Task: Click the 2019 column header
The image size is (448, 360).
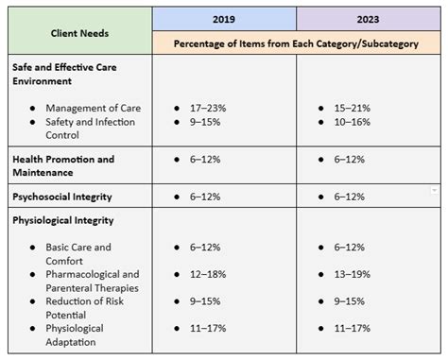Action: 224,19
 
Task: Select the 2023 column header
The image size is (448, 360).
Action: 368,19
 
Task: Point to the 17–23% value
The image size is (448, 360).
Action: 208,108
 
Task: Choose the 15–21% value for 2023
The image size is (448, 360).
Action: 353,108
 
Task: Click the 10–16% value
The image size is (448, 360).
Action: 353,122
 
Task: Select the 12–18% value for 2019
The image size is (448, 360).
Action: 208,274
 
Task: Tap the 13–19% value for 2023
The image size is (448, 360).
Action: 353,274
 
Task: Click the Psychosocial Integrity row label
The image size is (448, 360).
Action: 62,197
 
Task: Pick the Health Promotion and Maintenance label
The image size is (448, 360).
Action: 63,166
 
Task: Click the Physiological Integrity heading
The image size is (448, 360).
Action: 63,220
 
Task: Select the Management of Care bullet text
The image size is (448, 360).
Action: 94,108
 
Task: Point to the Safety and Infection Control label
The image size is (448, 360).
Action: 91,129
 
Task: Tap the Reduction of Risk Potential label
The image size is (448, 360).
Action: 85,308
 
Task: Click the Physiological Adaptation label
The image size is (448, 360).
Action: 75,335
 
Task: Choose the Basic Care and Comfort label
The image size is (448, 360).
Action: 78,254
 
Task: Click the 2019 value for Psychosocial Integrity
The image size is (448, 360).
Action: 205,197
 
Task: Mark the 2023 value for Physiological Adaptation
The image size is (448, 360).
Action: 353,329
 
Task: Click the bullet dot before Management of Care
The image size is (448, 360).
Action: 32,109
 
